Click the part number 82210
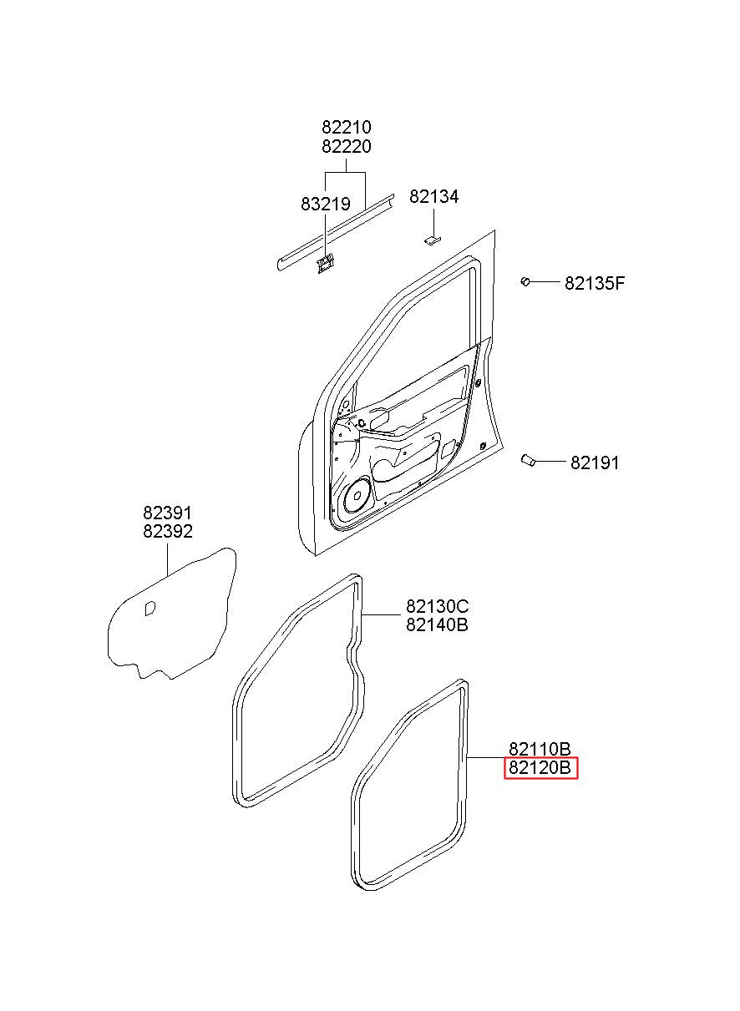point(347,127)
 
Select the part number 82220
point(347,147)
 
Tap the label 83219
point(326,205)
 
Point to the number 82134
point(433,197)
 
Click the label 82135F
point(595,284)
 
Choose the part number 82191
point(595,463)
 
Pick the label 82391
point(168,513)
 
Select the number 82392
point(168,532)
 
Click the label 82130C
point(437,606)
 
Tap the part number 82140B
point(437,625)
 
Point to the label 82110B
point(540,749)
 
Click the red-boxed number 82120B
point(540,768)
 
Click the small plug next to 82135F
point(525,281)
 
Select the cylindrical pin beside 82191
point(527,460)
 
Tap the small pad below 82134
point(433,240)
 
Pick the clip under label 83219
point(325,262)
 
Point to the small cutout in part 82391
point(150,609)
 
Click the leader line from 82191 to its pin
point(550,462)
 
